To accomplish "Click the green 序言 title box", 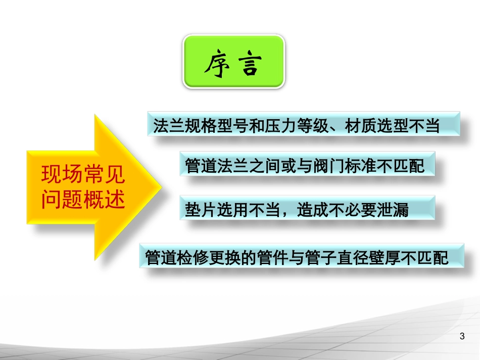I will pos(233,62).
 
